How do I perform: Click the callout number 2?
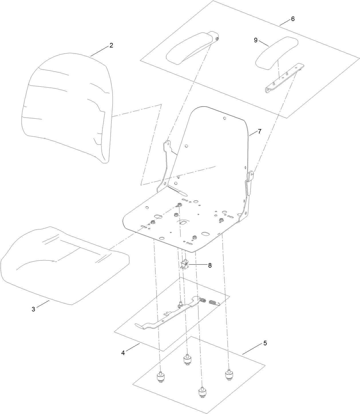pos(111,45)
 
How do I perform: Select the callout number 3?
pos(33,309)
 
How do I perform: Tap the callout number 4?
pos(123,353)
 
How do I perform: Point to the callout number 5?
pos(265,343)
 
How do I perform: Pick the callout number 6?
pos(292,19)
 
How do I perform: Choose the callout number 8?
pos(210,265)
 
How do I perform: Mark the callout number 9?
pos(256,40)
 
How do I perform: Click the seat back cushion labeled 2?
pos(66,106)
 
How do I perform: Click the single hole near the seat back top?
pos(225,118)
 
